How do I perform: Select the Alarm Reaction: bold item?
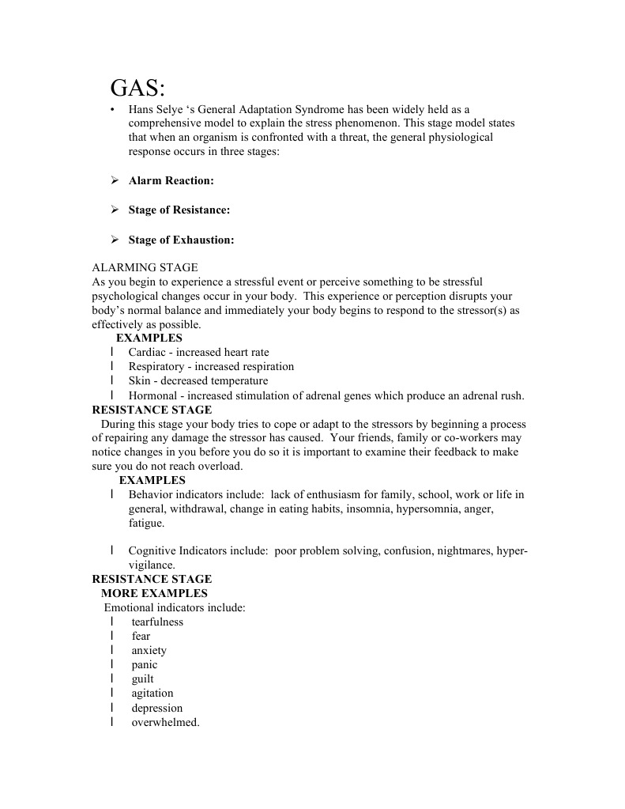tap(171, 180)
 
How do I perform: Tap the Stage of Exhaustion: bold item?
tap(181, 240)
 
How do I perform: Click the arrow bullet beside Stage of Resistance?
tap(114, 210)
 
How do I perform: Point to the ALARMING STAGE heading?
tap(145, 268)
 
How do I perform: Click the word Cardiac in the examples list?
tap(147, 352)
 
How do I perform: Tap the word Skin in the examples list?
tap(138, 380)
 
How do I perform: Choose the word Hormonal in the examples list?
tap(152, 395)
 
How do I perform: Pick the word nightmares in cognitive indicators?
tap(466, 550)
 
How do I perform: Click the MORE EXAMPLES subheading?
tap(154, 593)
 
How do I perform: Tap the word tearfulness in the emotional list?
tap(157, 622)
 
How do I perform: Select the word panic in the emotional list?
tap(145, 664)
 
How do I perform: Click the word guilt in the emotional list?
tap(143, 679)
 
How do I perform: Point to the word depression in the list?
tap(157, 708)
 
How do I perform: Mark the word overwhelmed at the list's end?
tap(165, 722)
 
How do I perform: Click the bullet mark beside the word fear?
tap(112, 636)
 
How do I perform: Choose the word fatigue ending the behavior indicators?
tap(146, 523)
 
